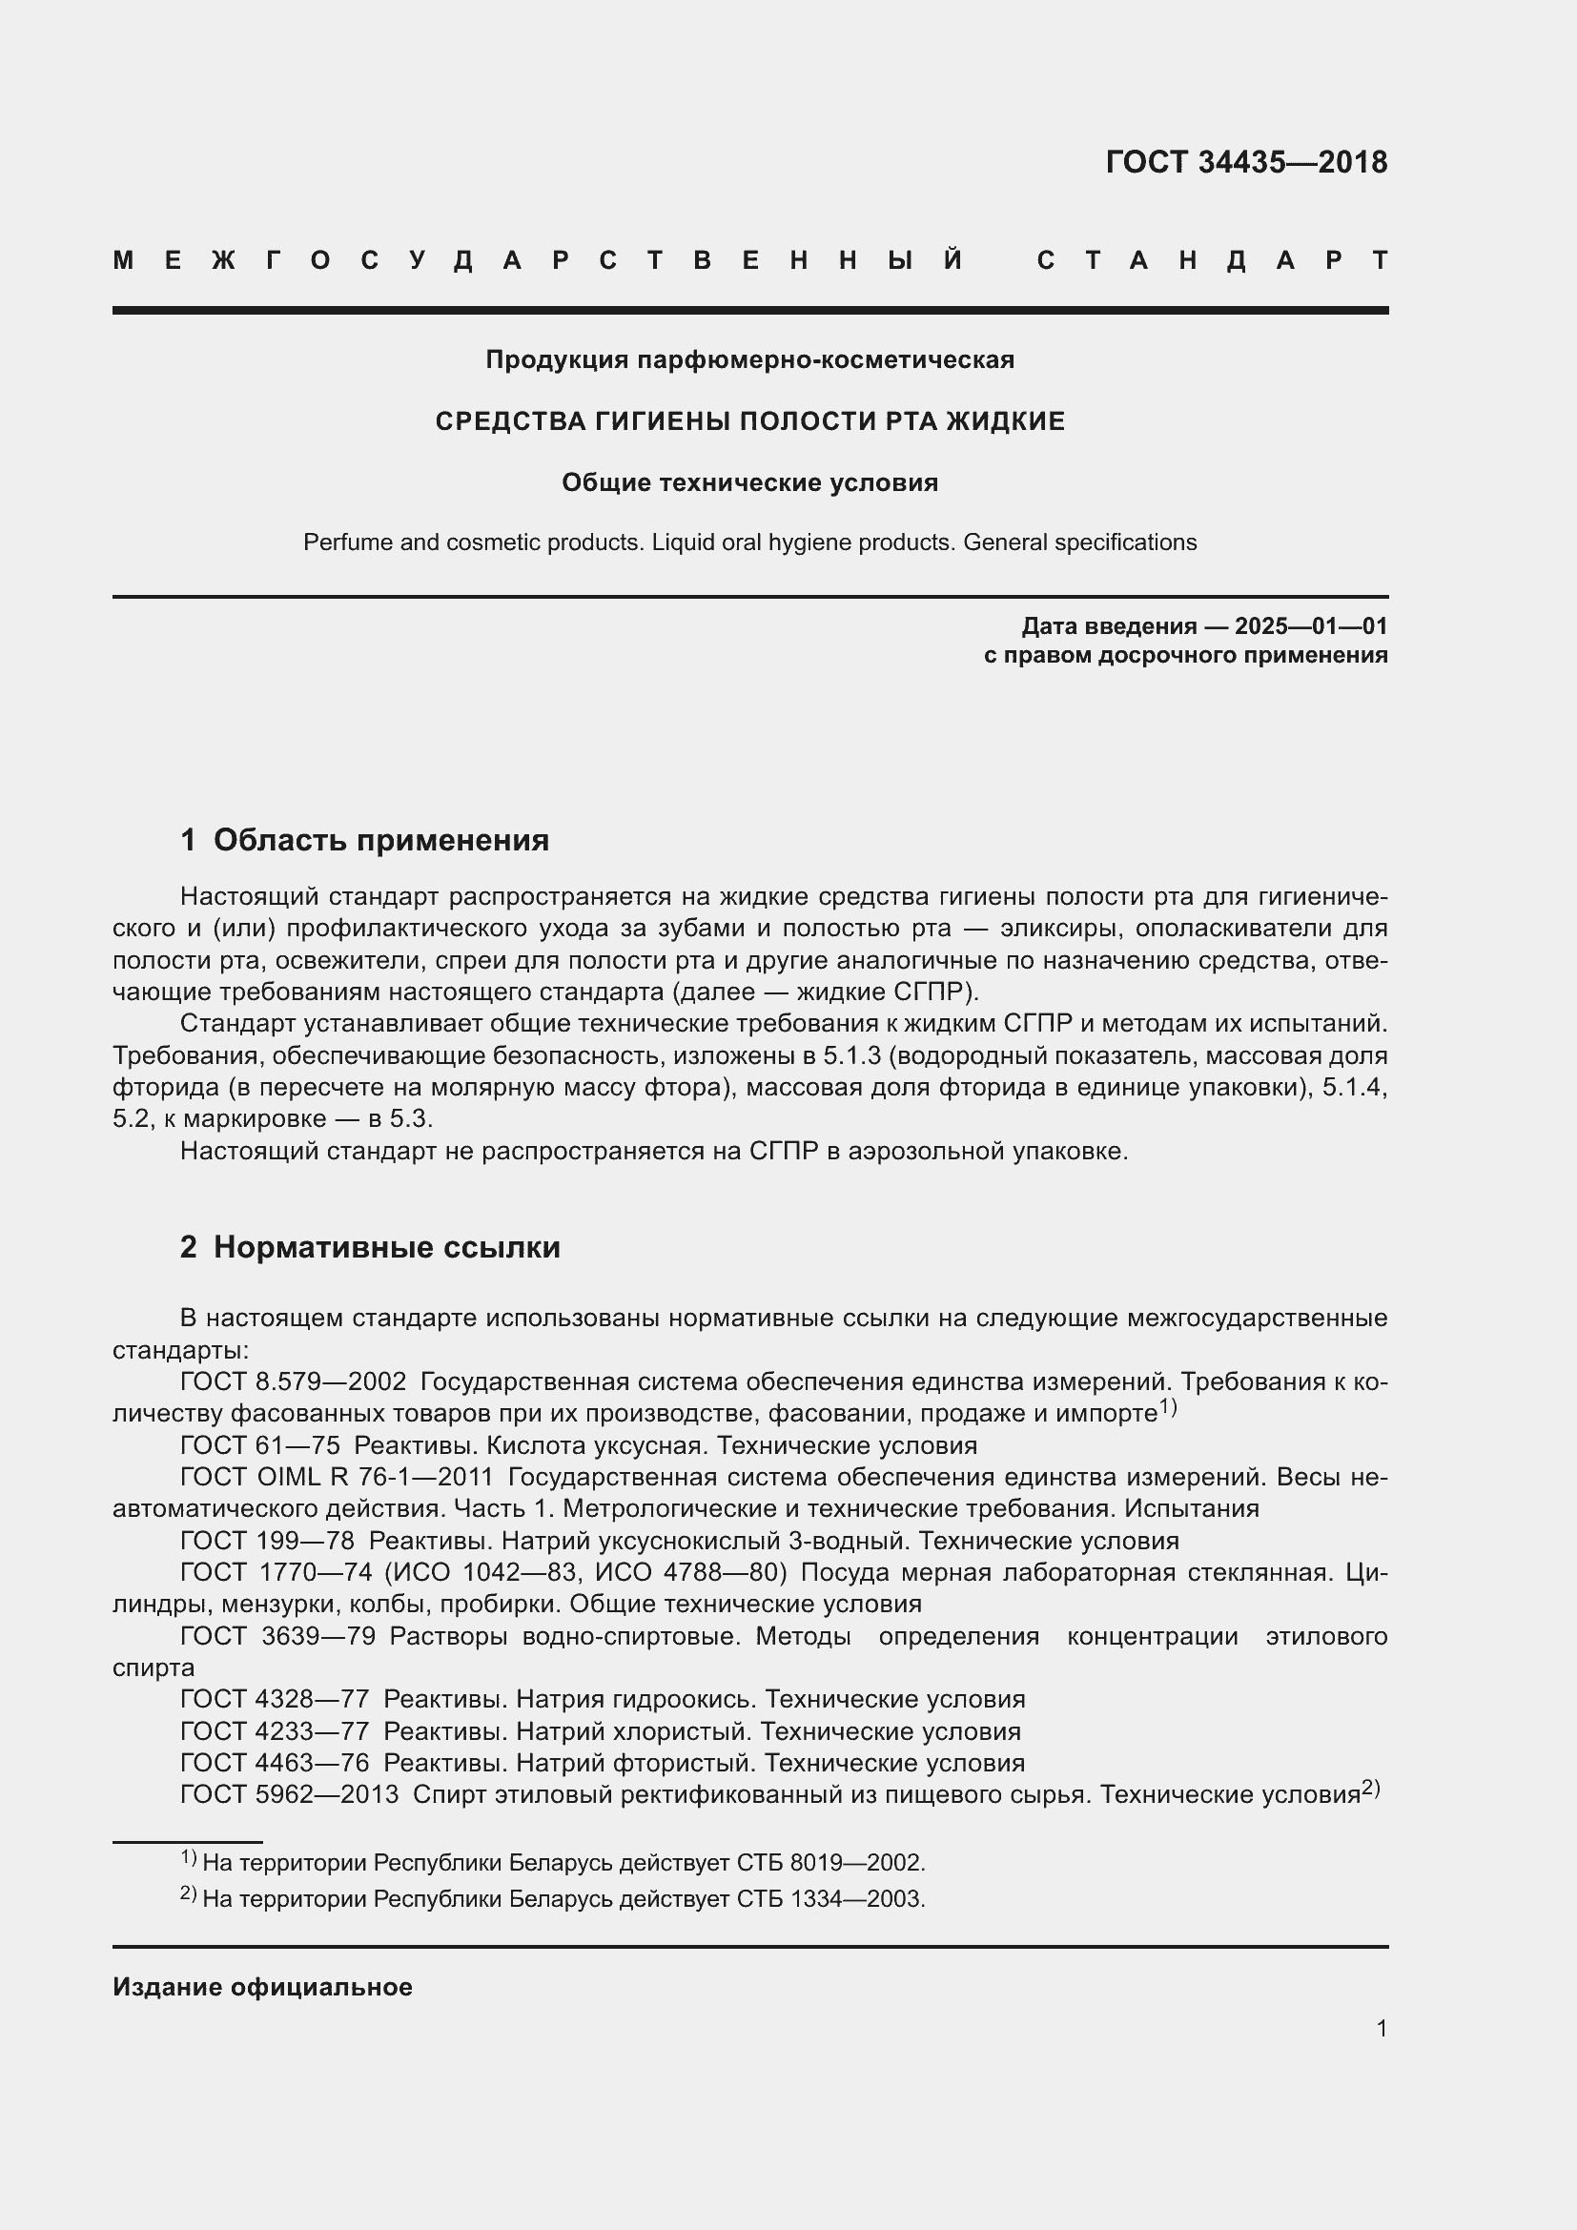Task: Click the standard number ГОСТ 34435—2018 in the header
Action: pos(1246,162)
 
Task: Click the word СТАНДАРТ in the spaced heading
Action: pos(1212,260)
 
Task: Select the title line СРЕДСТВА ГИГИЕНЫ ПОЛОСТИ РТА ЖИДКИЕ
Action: pos(749,421)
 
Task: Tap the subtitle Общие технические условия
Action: pos(749,482)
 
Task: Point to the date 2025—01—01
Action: pos(1311,625)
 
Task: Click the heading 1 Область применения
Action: pos(364,840)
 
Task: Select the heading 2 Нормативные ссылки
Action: pos(370,1247)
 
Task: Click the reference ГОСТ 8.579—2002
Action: pos(293,1381)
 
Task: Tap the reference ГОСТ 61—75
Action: pos(259,1445)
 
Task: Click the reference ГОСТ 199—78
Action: pos(267,1541)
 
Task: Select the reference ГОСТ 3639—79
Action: pos(277,1636)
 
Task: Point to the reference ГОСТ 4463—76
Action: pos(275,1763)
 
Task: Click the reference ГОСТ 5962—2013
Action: pos(290,1795)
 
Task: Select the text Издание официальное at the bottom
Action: pos(262,1987)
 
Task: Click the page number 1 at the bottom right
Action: pos(1381,2028)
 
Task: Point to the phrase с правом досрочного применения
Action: pos(1185,656)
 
